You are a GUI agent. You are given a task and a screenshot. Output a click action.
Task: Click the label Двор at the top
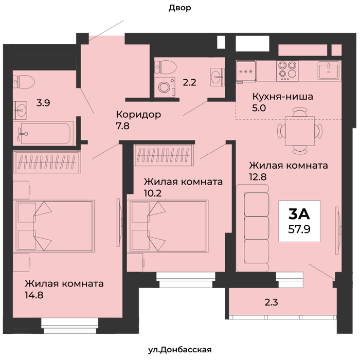pos(180,8)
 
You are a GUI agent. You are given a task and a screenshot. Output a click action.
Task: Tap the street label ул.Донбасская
pos(179,350)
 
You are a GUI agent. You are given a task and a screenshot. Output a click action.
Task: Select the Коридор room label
pos(138,114)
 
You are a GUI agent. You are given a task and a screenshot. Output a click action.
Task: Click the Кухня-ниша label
pos(283,97)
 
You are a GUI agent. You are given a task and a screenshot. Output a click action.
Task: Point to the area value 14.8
pos(34,295)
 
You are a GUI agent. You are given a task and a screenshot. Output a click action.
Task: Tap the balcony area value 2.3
pos(271,302)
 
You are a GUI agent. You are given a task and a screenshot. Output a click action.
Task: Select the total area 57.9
pos(299,229)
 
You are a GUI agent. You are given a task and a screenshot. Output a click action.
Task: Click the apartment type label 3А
pos(299,214)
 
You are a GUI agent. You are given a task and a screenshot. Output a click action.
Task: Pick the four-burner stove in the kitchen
pos(287,71)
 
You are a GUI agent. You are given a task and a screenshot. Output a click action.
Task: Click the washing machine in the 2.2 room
pos(165,87)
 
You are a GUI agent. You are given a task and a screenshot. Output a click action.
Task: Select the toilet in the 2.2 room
pos(165,67)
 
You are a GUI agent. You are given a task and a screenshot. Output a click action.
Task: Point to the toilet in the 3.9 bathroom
pos(24,82)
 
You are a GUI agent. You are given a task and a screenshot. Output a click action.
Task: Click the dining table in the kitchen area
pos(300,131)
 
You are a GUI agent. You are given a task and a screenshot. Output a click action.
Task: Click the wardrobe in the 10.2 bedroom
pos(164,155)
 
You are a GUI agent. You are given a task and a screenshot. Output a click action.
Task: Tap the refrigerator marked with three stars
pos(246,71)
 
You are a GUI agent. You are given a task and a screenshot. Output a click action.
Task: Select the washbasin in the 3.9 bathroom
pos(20,111)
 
